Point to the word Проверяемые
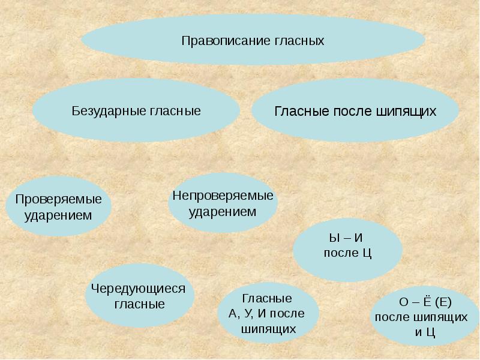(59, 199)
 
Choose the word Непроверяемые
(223, 196)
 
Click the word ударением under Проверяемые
(58, 215)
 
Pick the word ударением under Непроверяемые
(223, 212)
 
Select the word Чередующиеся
(139, 289)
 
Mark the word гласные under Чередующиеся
(139, 304)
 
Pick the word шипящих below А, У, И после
(268, 329)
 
